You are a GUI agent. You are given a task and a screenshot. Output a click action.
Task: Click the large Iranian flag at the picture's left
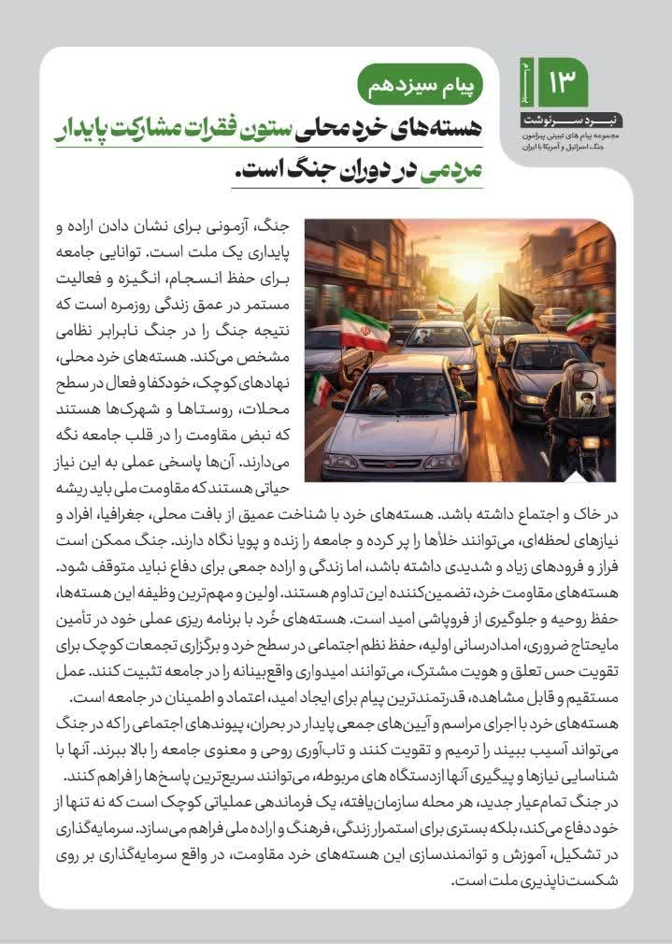[363, 330]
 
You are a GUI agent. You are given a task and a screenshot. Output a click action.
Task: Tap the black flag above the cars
[518, 303]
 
